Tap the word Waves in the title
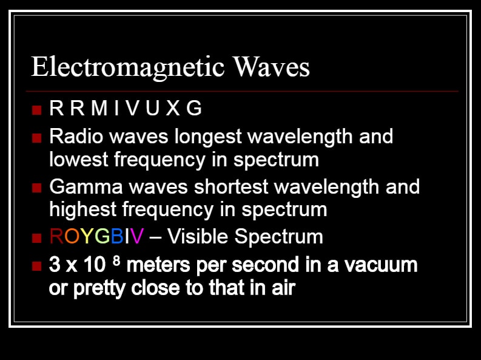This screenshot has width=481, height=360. coord(271,67)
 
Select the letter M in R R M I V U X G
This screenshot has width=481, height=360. coord(99,108)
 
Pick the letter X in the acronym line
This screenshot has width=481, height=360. coord(173,108)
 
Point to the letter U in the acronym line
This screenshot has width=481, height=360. coord(152,108)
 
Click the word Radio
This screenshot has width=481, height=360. coord(76,136)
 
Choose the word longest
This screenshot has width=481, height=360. coord(208,137)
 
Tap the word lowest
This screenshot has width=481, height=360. coord(78,160)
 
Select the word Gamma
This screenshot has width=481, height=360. coord(86,186)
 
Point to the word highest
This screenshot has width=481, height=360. coord(82,211)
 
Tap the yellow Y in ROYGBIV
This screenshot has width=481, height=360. coord(87,236)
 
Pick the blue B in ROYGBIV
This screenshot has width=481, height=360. coord(117,236)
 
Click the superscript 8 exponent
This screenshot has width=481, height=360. coord(116,260)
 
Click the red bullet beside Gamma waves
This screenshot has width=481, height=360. coord(36,188)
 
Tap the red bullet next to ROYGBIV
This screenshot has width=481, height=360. coord(36,238)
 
